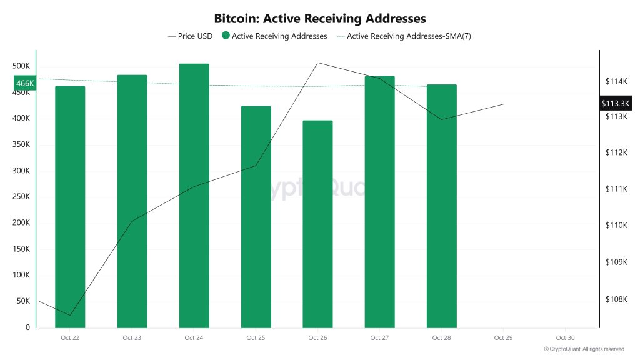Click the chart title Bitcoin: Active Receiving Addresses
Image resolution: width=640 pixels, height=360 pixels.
click(x=320, y=18)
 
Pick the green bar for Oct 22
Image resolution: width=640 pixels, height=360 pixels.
click(x=70, y=207)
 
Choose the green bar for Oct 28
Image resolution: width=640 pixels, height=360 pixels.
click(x=441, y=206)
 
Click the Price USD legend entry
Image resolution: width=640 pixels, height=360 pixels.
click(x=190, y=36)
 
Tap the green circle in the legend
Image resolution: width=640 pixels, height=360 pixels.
click(x=226, y=36)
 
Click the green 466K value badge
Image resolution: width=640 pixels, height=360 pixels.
click(x=24, y=83)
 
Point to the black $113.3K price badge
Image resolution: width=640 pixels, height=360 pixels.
click(x=616, y=103)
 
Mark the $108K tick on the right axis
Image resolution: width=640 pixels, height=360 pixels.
click(x=616, y=299)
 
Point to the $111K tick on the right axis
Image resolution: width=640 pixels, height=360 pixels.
click(x=616, y=189)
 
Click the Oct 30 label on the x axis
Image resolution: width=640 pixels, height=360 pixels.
click(x=565, y=338)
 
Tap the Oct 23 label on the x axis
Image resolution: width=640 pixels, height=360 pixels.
click(x=132, y=338)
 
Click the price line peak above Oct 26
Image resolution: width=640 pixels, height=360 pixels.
click(x=317, y=62)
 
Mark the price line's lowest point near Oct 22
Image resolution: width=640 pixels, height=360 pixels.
click(x=70, y=315)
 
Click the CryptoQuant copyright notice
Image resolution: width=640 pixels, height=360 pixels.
click(x=584, y=349)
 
